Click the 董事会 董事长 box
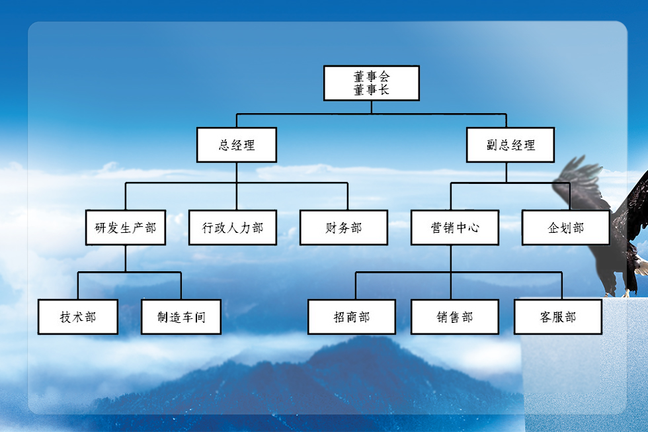(371, 83)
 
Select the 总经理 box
(237, 145)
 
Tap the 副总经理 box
(510, 145)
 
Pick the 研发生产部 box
(126, 228)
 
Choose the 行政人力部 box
(233, 228)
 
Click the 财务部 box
(344, 228)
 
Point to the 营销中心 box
(455, 228)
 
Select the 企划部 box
(566, 228)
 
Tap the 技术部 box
(78, 317)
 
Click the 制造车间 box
(181, 317)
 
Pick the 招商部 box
(352, 317)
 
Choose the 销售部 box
(455, 317)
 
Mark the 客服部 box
(558, 317)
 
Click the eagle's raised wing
(581, 182)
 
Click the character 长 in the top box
(384, 89)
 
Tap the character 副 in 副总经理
(492, 145)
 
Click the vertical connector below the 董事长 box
(371, 107)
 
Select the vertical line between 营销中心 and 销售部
(451, 272)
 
